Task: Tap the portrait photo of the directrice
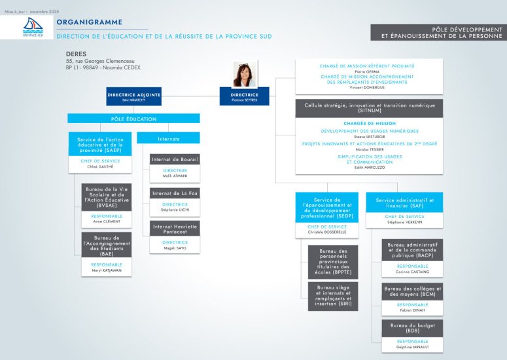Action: [x=245, y=73]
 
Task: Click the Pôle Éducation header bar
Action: [x=133, y=118]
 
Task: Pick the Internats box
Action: [x=169, y=139]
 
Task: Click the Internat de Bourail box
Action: [x=175, y=160]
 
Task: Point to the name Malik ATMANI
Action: [x=175, y=176]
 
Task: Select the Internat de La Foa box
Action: [x=175, y=193]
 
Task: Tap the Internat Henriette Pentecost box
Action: [x=175, y=228]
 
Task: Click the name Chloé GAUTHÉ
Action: [x=100, y=166]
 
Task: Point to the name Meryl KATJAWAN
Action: [x=107, y=270]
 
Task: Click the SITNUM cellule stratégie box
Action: [x=369, y=108]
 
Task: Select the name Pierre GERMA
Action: [x=366, y=71]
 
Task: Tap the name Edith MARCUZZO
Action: [x=369, y=168]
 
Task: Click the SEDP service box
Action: [x=326, y=207]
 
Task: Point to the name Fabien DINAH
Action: [x=412, y=310]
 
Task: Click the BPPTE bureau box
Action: [x=333, y=261]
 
